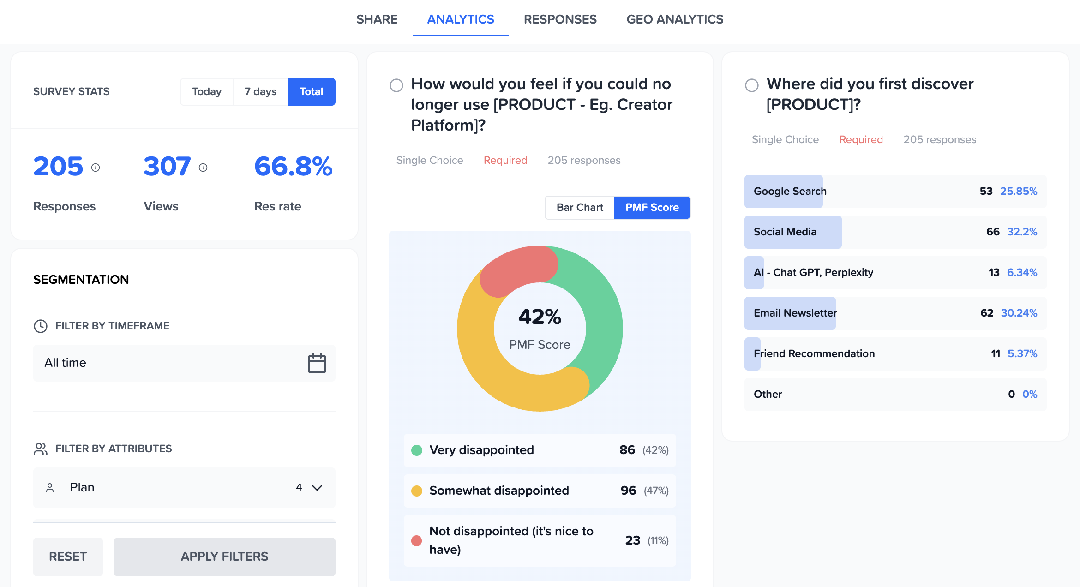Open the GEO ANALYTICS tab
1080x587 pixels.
674,19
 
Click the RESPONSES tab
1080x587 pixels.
560,19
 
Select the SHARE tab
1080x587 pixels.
377,19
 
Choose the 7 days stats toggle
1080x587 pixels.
260,91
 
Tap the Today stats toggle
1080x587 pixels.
207,91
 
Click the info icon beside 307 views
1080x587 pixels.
203,168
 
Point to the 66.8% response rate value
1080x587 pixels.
293,167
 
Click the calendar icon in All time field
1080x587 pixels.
317,363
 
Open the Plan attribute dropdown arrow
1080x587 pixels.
317,488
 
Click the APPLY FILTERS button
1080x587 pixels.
224,557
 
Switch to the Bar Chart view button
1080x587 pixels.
580,208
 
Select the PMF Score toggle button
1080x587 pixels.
652,208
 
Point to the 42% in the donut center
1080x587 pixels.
540,317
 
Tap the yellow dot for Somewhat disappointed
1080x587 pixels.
417,491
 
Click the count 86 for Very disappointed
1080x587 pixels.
627,450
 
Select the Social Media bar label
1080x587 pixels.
785,232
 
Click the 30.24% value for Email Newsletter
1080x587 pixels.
1019,313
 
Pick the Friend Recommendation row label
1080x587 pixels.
814,353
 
